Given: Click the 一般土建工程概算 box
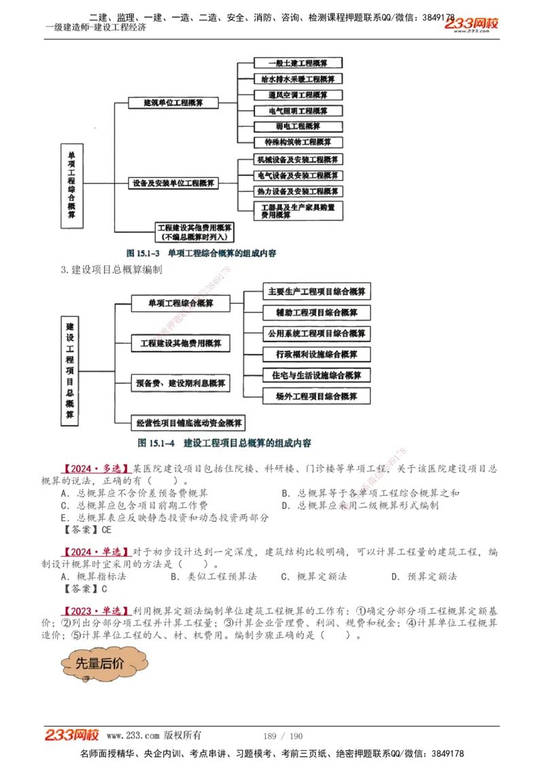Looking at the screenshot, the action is [297, 64].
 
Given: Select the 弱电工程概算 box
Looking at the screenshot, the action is [297, 126].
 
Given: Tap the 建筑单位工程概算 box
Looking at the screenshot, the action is [173, 103].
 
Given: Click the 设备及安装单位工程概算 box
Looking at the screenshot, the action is [173, 183].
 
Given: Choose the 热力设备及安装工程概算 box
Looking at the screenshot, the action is [297, 192].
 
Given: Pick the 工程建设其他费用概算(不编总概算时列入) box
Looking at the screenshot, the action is [194, 232].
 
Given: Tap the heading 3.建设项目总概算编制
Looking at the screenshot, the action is [112, 270].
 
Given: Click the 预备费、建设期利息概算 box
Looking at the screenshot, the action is [181, 384].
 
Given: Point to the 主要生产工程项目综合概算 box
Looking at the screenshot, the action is [317, 291].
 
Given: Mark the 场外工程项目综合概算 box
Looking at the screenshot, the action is [317, 395].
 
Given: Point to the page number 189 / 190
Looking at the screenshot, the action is [282, 736].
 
